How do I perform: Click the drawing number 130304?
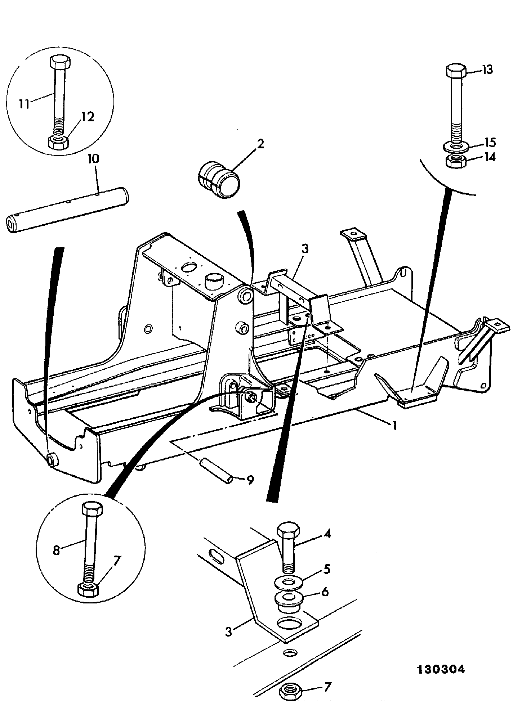pyautogui.click(x=441, y=669)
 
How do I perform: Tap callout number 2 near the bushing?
pyautogui.click(x=260, y=144)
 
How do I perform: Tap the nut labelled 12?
pyautogui.click(x=58, y=142)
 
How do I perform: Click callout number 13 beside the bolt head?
pyautogui.click(x=487, y=69)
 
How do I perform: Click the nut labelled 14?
pyautogui.click(x=456, y=160)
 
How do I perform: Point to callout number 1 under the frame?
pyautogui.click(x=395, y=426)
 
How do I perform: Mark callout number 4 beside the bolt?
pyautogui.click(x=327, y=534)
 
